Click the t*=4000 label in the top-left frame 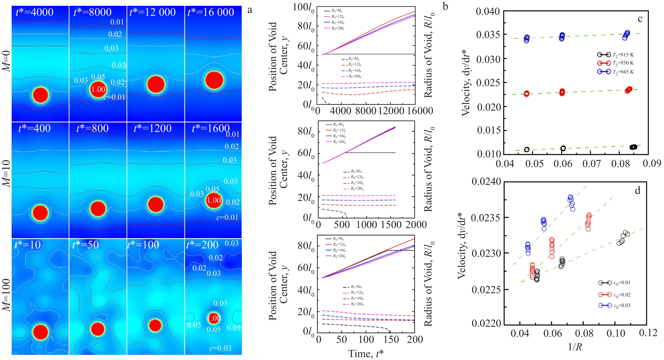[x=35, y=12]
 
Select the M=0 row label [x=6, y=61]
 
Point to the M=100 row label [x=6, y=295]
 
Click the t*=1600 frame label [x=211, y=128]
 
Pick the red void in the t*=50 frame [x=98, y=329]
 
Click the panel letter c [x=640, y=19]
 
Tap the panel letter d [x=638, y=191]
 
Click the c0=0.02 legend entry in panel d [x=614, y=295]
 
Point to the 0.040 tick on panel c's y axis [x=488, y=12]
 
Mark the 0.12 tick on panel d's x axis [x=648, y=333]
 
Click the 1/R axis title [x=575, y=347]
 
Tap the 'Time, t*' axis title [x=366, y=354]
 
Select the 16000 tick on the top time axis [x=418, y=111]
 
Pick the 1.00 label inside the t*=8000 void [x=98, y=89]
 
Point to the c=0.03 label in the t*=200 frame [x=220, y=348]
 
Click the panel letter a [x=250, y=10]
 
